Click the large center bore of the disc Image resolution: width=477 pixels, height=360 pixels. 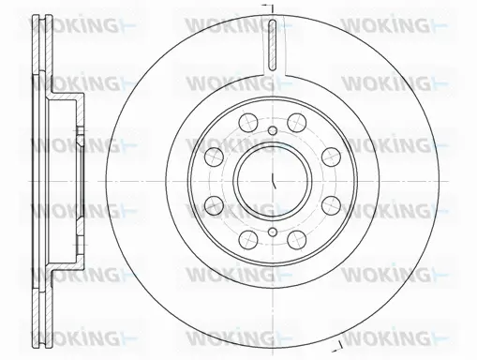pos(270,179)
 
